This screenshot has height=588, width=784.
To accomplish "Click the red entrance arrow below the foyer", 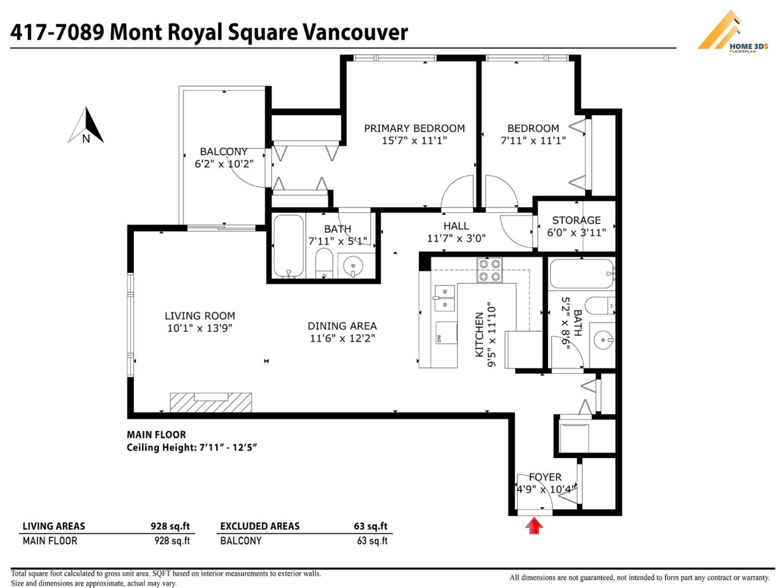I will [x=535, y=525].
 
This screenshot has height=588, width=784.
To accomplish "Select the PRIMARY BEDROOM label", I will [x=414, y=129].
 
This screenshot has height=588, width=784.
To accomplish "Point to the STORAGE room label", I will [x=576, y=220].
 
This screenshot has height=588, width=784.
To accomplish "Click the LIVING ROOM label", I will [x=200, y=316].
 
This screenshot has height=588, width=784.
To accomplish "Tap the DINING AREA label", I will [x=342, y=326].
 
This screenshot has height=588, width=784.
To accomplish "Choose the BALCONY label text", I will [x=223, y=152].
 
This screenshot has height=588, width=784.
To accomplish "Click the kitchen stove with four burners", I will [x=490, y=270].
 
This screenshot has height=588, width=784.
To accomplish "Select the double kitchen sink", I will [x=444, y=297].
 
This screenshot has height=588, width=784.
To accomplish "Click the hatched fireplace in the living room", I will [x=211, y=402].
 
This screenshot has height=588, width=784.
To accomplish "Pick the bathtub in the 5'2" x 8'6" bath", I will [x=581, y=274].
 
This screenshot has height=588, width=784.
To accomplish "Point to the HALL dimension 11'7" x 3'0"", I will [x=456, y=238].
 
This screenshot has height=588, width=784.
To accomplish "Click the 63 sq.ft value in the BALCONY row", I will [x=374, y=541].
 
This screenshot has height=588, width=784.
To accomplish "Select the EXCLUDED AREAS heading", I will [x=259, y=526].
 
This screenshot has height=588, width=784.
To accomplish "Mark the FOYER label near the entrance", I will [x=545, y=477].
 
